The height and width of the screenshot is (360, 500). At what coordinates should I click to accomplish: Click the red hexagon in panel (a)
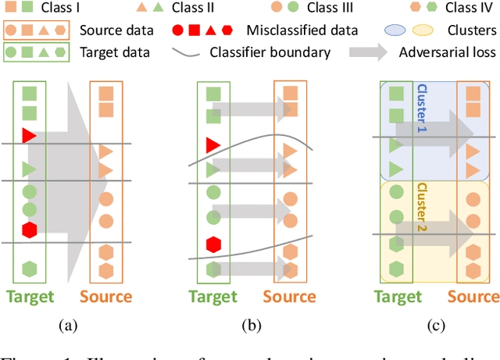[29, 230]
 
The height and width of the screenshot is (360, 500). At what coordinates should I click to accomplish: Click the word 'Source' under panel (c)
[473, 297]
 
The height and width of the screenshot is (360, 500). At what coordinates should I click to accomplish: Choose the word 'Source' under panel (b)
[289, 297]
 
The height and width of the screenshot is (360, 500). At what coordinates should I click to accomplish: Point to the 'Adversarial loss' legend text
[447, 54]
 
